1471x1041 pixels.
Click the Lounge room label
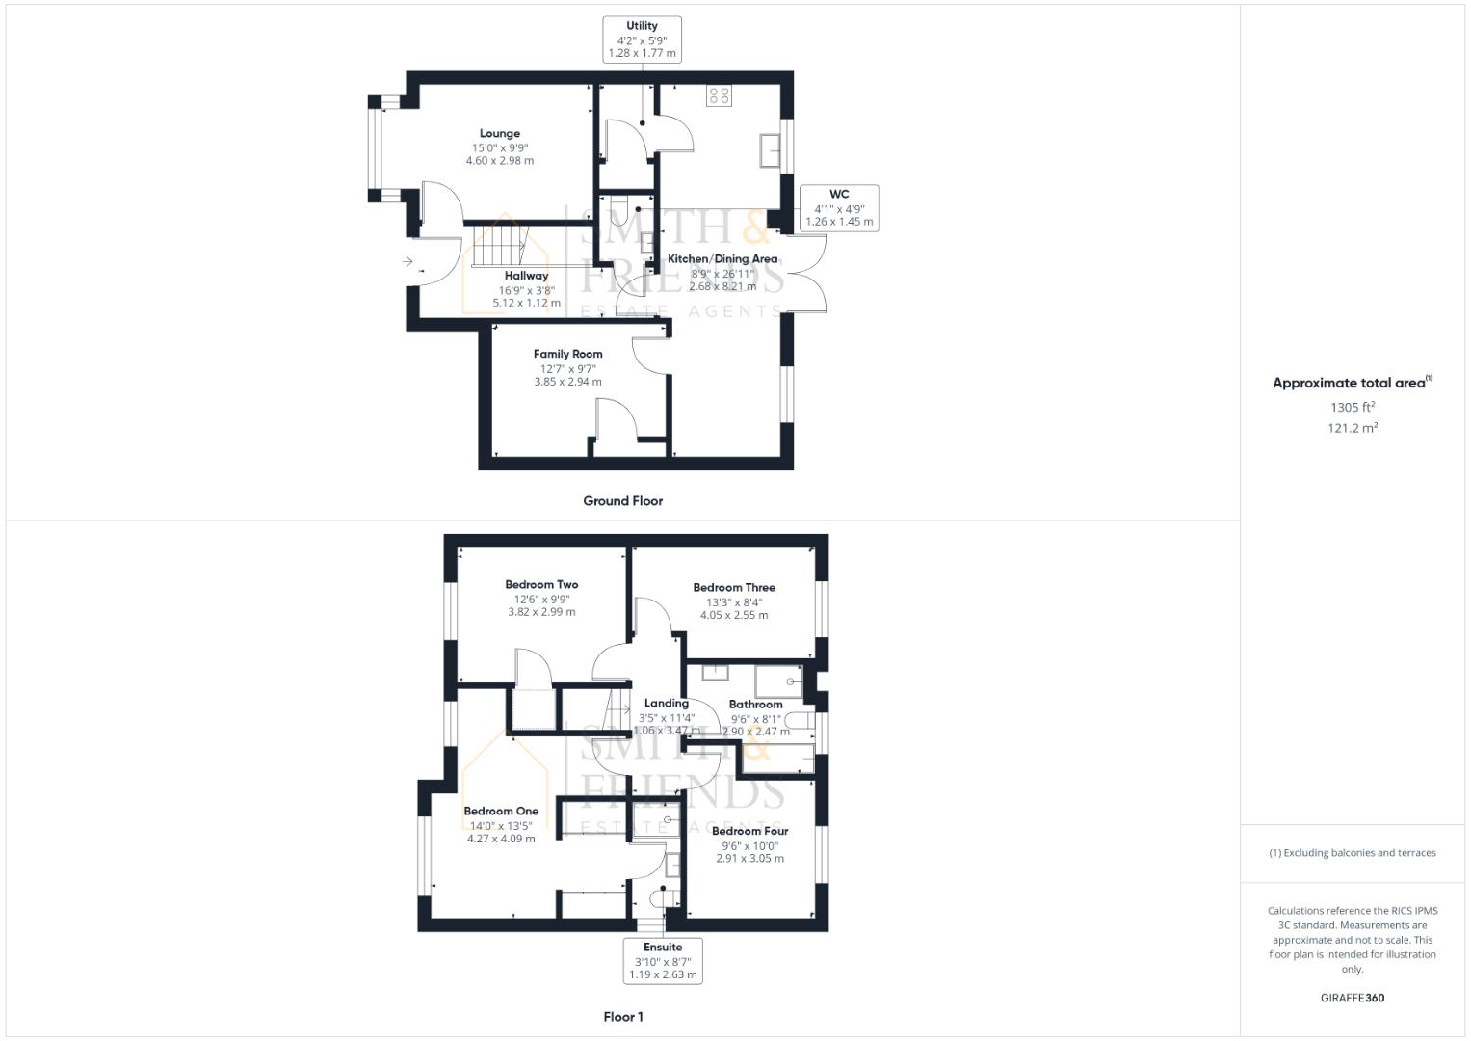499,134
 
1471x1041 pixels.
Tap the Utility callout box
642,40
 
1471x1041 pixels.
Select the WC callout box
838,207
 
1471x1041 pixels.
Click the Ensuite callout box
663,960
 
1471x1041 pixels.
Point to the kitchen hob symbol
719,94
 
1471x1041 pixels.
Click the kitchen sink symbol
771,150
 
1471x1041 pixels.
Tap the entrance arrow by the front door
407,261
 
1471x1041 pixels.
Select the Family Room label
567,354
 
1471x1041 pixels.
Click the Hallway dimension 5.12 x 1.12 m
526,303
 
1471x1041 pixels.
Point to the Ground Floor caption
622,501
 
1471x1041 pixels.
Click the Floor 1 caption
622,1017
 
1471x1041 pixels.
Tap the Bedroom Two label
541,584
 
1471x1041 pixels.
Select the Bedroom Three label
733,587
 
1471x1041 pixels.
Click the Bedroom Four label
749,831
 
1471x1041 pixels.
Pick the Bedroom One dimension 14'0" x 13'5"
500,825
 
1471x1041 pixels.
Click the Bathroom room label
755,705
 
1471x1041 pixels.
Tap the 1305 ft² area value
1352,407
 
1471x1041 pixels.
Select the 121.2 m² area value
1352,428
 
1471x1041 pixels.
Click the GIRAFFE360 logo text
1352,998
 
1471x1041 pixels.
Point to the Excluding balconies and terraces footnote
1352,853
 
